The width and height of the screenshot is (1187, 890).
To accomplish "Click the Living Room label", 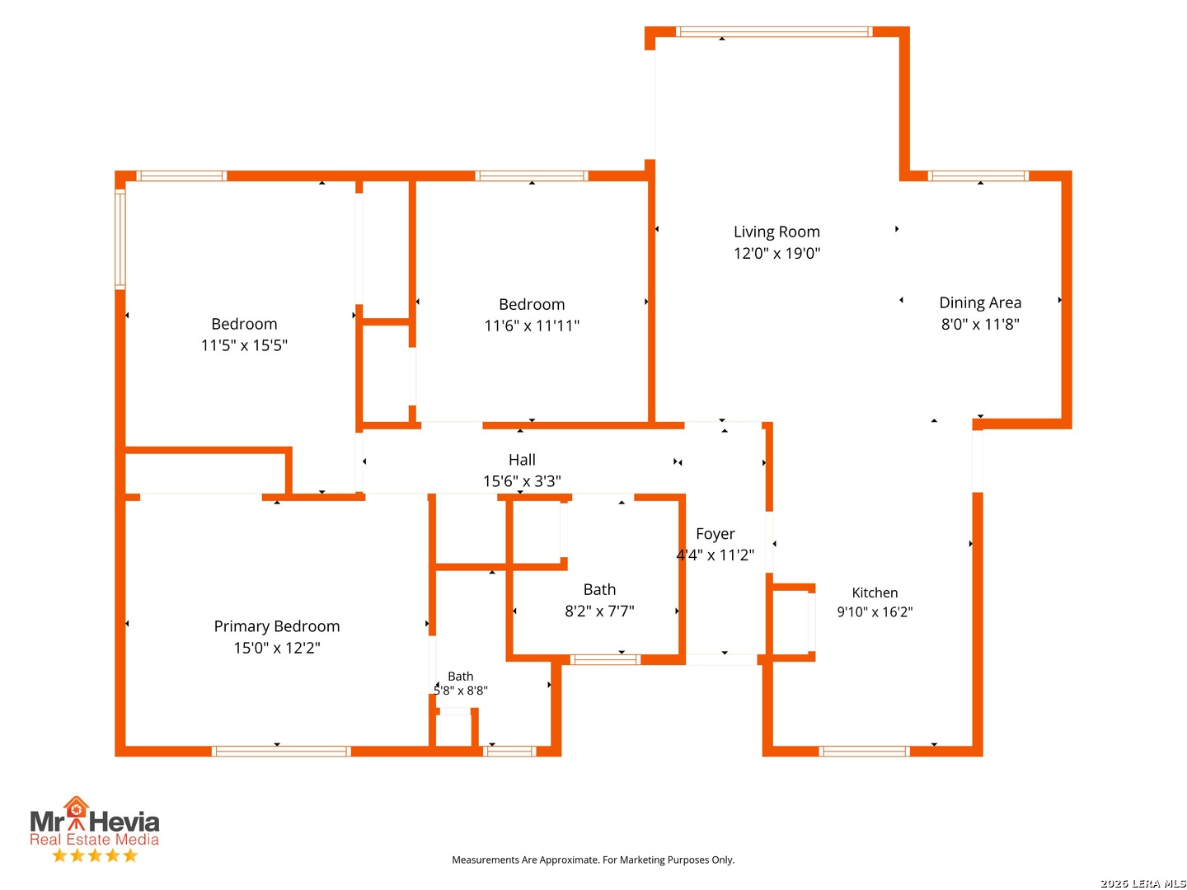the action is pyautogui.click(x=776, y=232).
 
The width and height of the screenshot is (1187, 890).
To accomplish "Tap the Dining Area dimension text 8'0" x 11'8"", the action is pyautogui.click(x=979, y=324).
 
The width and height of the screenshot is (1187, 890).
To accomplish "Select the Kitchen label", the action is pyautogui.click(x=874, y=593).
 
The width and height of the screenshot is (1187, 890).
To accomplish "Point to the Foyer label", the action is pyautogui.click(x=715, y=533).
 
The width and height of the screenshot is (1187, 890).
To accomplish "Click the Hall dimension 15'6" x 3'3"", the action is pyautogui.click(x=521, y=480).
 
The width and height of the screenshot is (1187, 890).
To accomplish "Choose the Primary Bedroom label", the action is pyautogui.click(x=276, y=625).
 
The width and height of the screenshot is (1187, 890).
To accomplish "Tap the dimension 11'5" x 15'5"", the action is pyautogui.click(x=244, y=344).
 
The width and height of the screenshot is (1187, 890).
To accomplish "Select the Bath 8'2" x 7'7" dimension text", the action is pyautogui.click(x=598, y=611).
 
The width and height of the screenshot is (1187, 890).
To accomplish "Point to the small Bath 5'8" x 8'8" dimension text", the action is pyautogui.click(x=460, y=690).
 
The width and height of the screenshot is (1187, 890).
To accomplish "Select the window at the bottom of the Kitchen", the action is pyautogui.click(x=863, y=751).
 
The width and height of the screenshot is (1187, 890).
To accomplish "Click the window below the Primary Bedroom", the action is pyautogui.click(x=280, y=751).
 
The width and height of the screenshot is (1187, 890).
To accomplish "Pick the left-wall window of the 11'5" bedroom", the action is pyautogui.click(x=120, y=239).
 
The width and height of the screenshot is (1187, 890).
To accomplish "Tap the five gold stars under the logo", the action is pyautogui.click(x=95, y=855).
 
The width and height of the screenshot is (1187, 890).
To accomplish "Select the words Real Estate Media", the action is pyautogui.click(x=94, y=839).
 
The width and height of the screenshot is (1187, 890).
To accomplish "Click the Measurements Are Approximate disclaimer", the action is pyautogui.click(x=593, y=860).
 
